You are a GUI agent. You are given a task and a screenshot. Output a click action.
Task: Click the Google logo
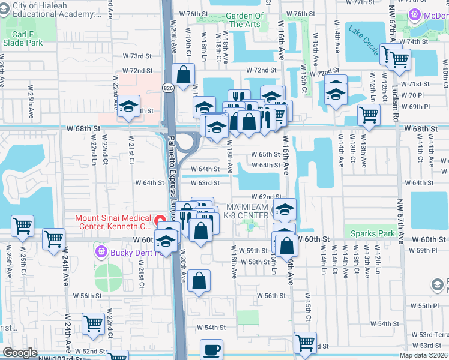click(20, 353)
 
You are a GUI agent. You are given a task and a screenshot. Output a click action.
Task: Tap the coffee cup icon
click(211, 350)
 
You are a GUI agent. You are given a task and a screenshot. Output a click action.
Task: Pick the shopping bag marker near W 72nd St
click(184, 76)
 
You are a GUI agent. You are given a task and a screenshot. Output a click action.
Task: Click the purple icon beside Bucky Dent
click(100, 252)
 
